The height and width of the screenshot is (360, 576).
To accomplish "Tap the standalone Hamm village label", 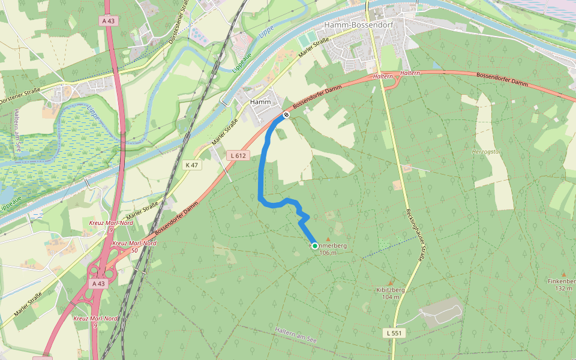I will click(260, 102).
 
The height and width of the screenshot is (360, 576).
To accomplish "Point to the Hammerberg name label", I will click(328, 246).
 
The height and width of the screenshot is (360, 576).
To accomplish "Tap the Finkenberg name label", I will click(562, 281).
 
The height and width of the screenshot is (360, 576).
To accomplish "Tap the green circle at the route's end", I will click(314, 246).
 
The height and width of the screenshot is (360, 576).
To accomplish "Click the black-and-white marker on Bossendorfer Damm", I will click(286, 114).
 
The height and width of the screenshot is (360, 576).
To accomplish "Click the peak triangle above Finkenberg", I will click(563, 274).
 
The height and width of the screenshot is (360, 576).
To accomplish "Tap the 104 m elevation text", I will click(390, 297).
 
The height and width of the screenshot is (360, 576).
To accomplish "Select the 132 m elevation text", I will click(563, 289).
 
